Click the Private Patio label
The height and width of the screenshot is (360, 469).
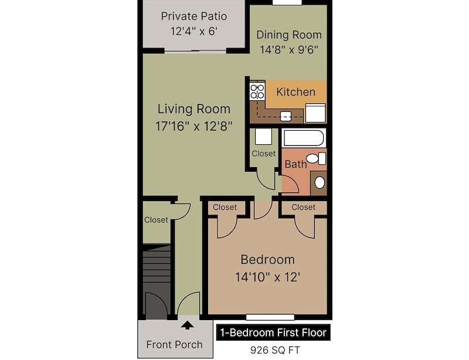[x=193, y=16]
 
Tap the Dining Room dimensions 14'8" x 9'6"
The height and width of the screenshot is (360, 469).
[x=289, y=49]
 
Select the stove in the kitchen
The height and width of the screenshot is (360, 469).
[x=257, y=91]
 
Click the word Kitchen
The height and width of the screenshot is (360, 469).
[x=295, y=92]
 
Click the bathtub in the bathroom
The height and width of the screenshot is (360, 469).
[x=304, y=139]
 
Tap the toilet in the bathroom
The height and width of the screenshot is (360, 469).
[x=317, y=158]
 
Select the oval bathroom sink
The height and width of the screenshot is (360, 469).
[x=320, y=182]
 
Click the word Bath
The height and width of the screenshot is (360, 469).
[x=295, y=165]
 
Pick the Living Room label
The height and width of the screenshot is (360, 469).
[x=193, y=109]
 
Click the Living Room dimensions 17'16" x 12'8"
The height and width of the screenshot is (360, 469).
[x=194, y=125]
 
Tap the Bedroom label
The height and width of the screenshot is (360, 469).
[x=267, y=260]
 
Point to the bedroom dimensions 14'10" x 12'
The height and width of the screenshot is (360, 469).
[x=267, y=276]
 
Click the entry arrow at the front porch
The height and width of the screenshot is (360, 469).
[x=188, y=324]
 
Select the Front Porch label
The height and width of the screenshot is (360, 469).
[x=174, y=345]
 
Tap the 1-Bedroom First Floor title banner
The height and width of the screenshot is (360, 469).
[x=273, y=332]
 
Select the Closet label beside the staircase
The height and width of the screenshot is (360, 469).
[x=156, y=220]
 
